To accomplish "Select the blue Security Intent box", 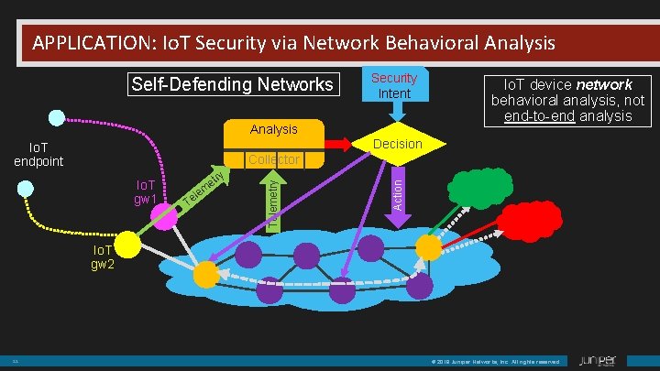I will pos(394,85).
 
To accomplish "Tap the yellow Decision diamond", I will pos(397,144).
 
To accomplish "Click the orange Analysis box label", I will pos(273,130).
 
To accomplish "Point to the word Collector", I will pos(273,159).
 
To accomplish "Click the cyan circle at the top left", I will pos(57,117).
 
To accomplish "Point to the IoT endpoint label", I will pos(38,154).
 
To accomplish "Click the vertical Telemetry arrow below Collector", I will pos(273,202).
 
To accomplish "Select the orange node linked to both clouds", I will pos(428,246).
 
